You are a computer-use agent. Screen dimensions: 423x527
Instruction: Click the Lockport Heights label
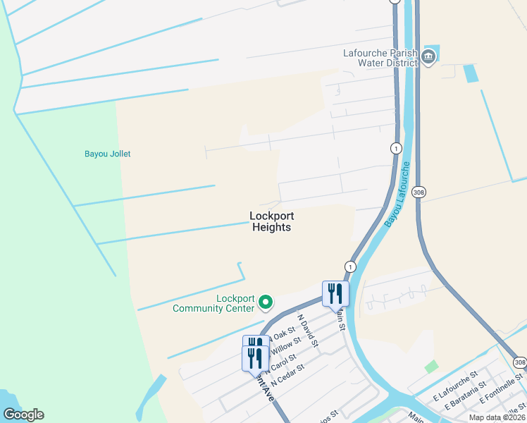click(271, 221)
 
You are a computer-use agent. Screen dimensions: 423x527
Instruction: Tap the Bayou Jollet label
click(108, 154)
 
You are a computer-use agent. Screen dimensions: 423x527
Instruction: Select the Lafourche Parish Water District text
click(380, 57)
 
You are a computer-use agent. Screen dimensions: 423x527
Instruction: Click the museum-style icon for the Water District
click(429, 59)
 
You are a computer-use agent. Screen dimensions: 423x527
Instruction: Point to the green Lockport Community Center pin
click(266, 302)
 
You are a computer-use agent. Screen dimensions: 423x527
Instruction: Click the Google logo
click(23, 415)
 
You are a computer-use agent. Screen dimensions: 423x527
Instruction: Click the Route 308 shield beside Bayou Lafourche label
click(419, 192)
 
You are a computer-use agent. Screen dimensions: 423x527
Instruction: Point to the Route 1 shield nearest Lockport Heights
click(350, 266)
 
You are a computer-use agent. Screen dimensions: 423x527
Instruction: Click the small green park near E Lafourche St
click(431, 367)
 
